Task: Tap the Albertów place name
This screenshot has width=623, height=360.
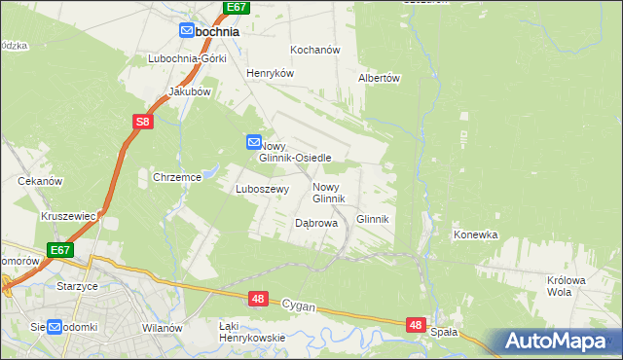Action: point(380,78)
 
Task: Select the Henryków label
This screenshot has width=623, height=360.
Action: point(269,73)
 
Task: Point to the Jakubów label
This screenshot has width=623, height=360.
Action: point(190,91)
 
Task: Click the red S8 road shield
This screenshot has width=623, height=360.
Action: point(143,122)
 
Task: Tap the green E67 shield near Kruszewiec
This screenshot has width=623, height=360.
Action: point(60,250)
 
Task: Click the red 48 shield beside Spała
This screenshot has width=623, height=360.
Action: point(416,324)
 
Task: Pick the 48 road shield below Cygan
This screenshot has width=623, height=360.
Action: point(257,302)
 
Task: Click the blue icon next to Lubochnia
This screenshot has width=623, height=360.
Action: point(188,31)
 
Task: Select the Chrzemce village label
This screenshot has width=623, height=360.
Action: point(176,177)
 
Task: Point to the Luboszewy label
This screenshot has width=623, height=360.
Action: point(262,190)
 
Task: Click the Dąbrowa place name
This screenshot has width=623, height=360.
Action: point(315,223)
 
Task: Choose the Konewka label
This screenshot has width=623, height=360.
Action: point(476,234)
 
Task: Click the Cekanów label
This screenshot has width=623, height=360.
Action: point(40,181)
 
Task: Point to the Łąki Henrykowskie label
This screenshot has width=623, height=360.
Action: point(250,331)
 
